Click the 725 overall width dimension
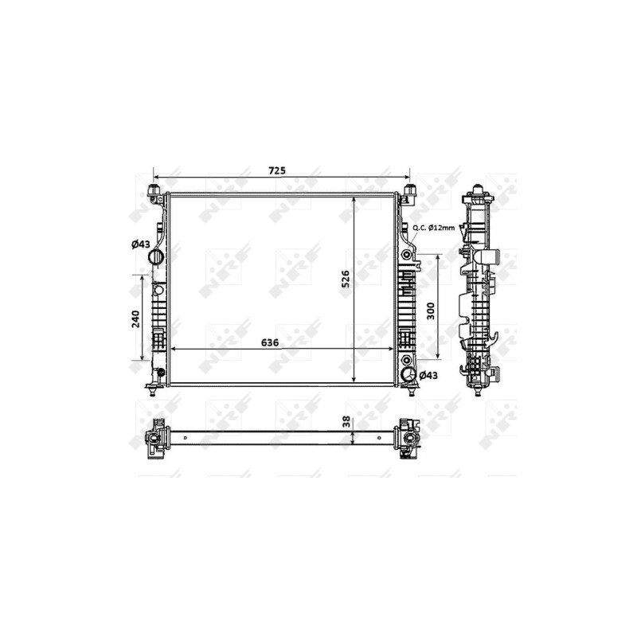[277, 170]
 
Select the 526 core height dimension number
[345, 278]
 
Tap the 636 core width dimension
[270, 343]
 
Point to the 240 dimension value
[135, 319]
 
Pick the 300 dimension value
[431, 311]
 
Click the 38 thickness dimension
[346, 422]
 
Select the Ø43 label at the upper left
[141, 244]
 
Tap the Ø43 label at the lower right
[428, 375]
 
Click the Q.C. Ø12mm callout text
[433, 228]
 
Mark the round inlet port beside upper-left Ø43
[155, 256]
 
